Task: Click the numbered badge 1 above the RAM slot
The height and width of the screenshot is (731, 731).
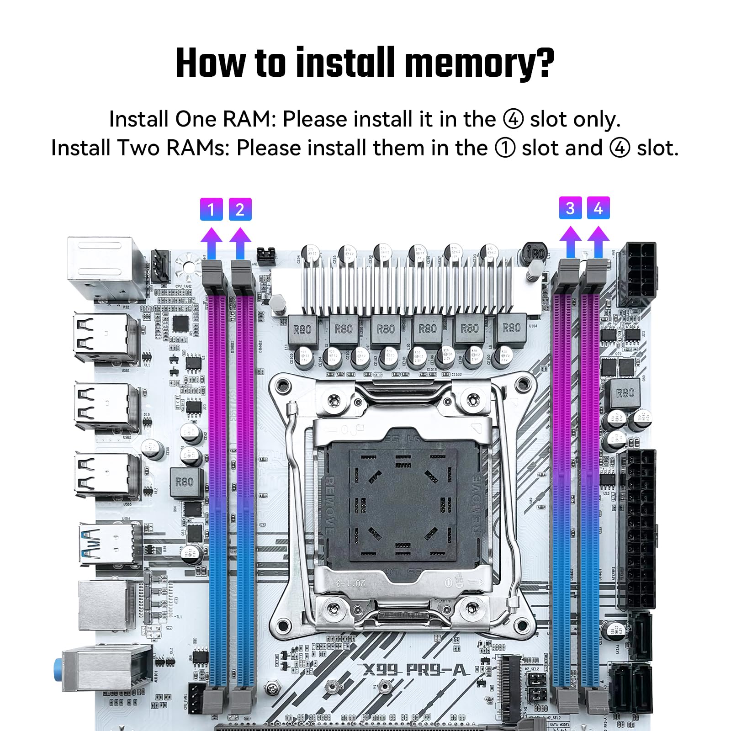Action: coord(211,209)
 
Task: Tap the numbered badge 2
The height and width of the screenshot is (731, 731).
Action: coord(240,209)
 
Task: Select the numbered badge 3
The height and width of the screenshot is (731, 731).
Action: coord(570,208)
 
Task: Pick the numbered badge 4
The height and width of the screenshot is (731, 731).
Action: coord(598,208)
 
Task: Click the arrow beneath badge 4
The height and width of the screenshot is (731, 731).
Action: coord(598,242)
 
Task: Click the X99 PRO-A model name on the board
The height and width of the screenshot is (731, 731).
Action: coord(414,670)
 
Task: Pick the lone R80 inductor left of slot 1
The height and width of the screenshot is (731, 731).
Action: coord(185,482)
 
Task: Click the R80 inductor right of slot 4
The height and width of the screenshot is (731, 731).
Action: coord(625,393)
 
